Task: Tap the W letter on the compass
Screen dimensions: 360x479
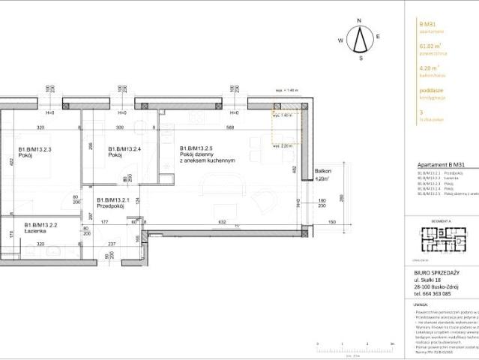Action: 340,39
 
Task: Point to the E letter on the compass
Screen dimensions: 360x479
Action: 379,36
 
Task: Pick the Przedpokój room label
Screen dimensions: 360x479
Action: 114,203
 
